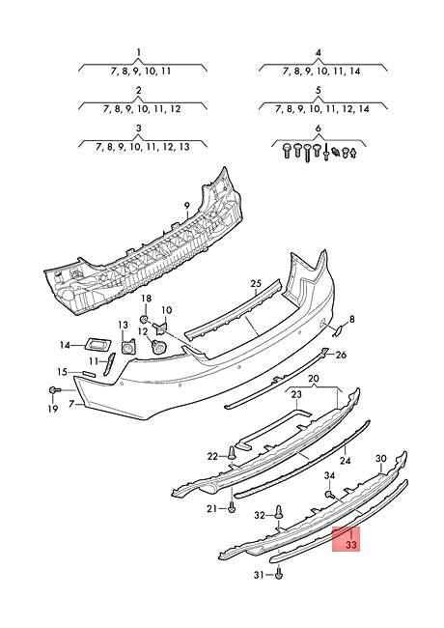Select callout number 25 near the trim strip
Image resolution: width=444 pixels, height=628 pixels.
point(256,283)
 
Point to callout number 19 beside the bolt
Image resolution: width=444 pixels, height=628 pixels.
point(54,409)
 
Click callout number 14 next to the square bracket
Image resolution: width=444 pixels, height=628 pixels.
point(65,345)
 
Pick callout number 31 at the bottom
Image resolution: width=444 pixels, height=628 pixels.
point(259,576)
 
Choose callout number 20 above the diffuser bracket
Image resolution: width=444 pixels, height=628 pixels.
point(313,379)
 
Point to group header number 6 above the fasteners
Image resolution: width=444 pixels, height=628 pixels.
point(318,128)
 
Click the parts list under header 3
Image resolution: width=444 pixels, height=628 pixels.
point(139,148)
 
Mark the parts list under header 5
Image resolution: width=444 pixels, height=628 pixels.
point(319,110)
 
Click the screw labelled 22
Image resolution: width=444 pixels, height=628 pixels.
point(233,453)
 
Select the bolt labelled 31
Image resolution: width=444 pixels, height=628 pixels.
point(279,575)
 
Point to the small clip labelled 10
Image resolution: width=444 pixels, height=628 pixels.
point(164,327)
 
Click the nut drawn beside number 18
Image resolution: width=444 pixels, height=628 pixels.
point(144,318)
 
